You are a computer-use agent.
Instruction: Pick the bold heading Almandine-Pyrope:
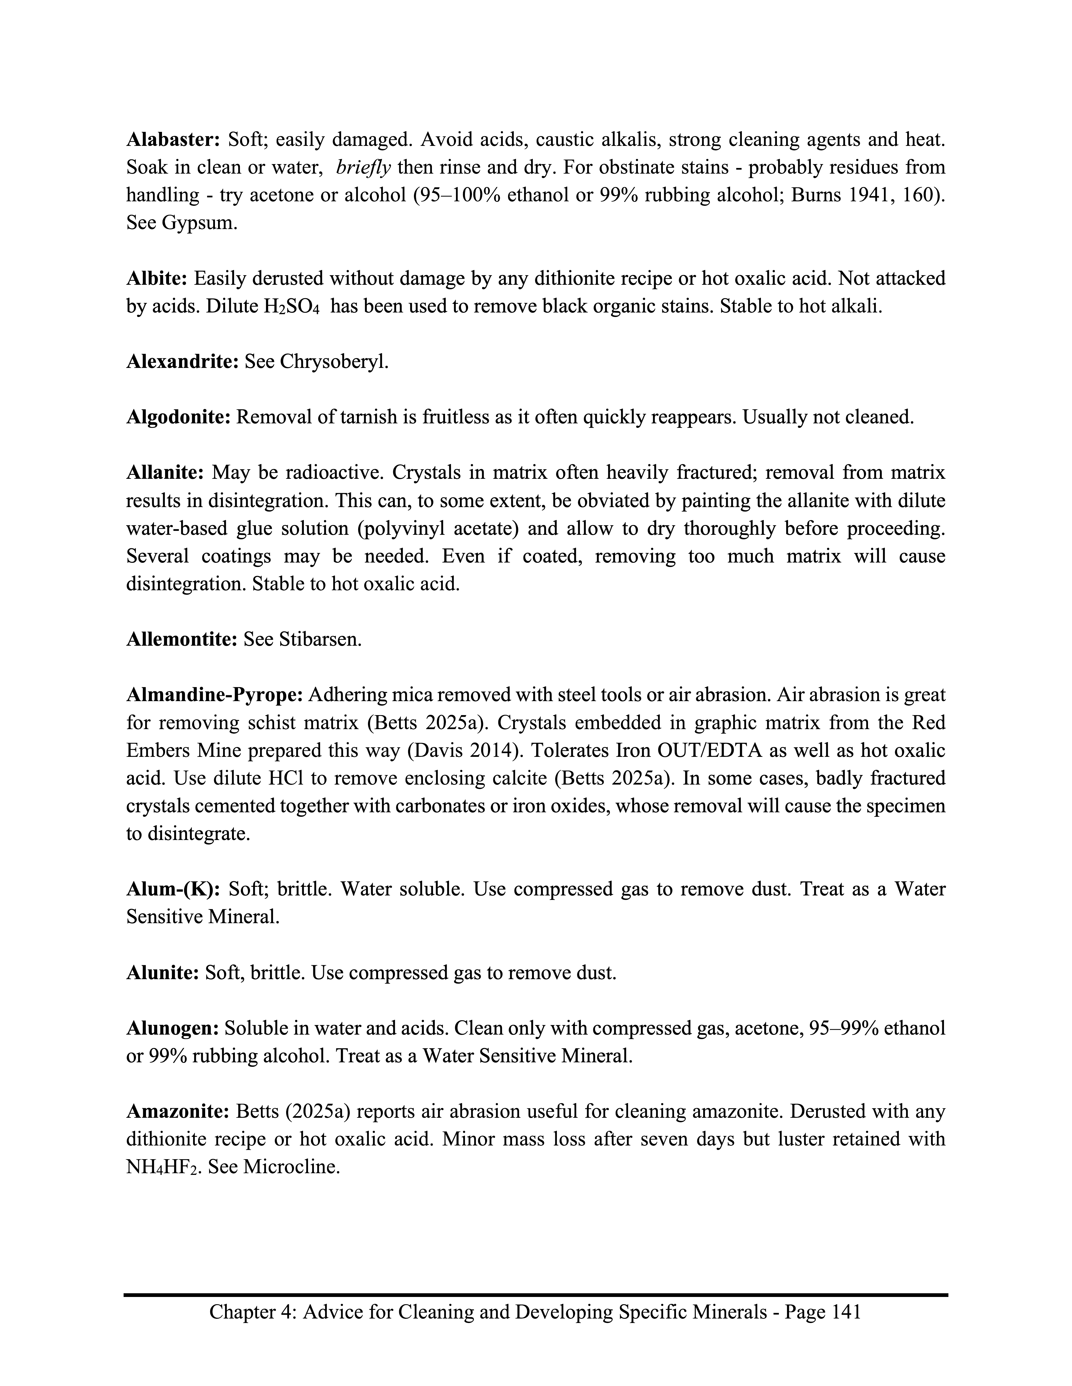point(215,695)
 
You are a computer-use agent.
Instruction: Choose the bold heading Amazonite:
point(178,1112)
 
